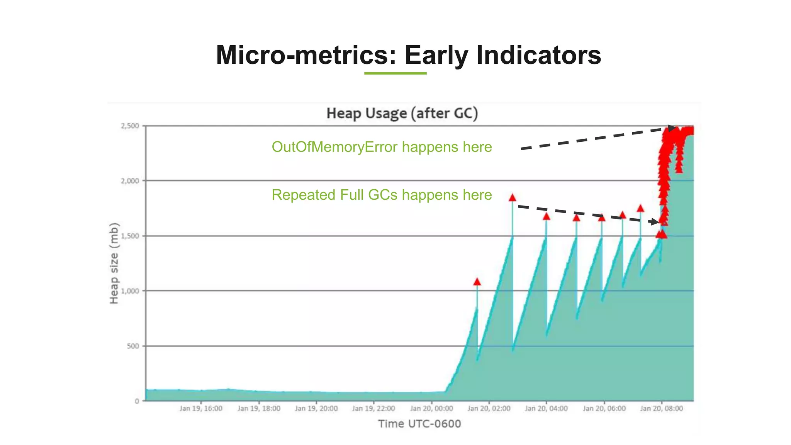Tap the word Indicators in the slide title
pyautogui.click(x=538, y=55)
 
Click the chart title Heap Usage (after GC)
pyautogui.click(x=402, y=113)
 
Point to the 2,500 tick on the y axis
pyautogui.click(x=130, y=126)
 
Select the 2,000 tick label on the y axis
pyautogui.click(x=130, y=181)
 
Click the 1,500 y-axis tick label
pyautogui.click(x=130, y=236)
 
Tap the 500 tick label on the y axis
pyautogui.click(x=133, y=346)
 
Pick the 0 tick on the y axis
pyautogui.click(x=137, y=401)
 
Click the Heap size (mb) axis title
pyautogui.click(x=114, y=263)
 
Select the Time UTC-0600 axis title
pyautogui.click(x=419, y=424)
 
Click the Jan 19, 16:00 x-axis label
pyautogui.click(x=201, y=408)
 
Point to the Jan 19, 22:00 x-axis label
pyautogui.click(x=373, y=408)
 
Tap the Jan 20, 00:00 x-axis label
pyautogui.click(x=431, y=408)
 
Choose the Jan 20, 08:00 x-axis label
pyautogui.click(x=661, y=408)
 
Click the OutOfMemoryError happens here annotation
pyautogui.click(x=382, y=147)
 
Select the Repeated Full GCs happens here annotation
pyautogui.click(x=382, y=195)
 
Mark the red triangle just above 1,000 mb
pyautogui.click(x=477, y=282)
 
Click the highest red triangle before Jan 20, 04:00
pyautogui.click(x=513, y=198)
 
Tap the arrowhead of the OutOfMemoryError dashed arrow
pyautogui.click(x=672, y=128)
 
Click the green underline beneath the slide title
pyautogui.click(x=395, y=73)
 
